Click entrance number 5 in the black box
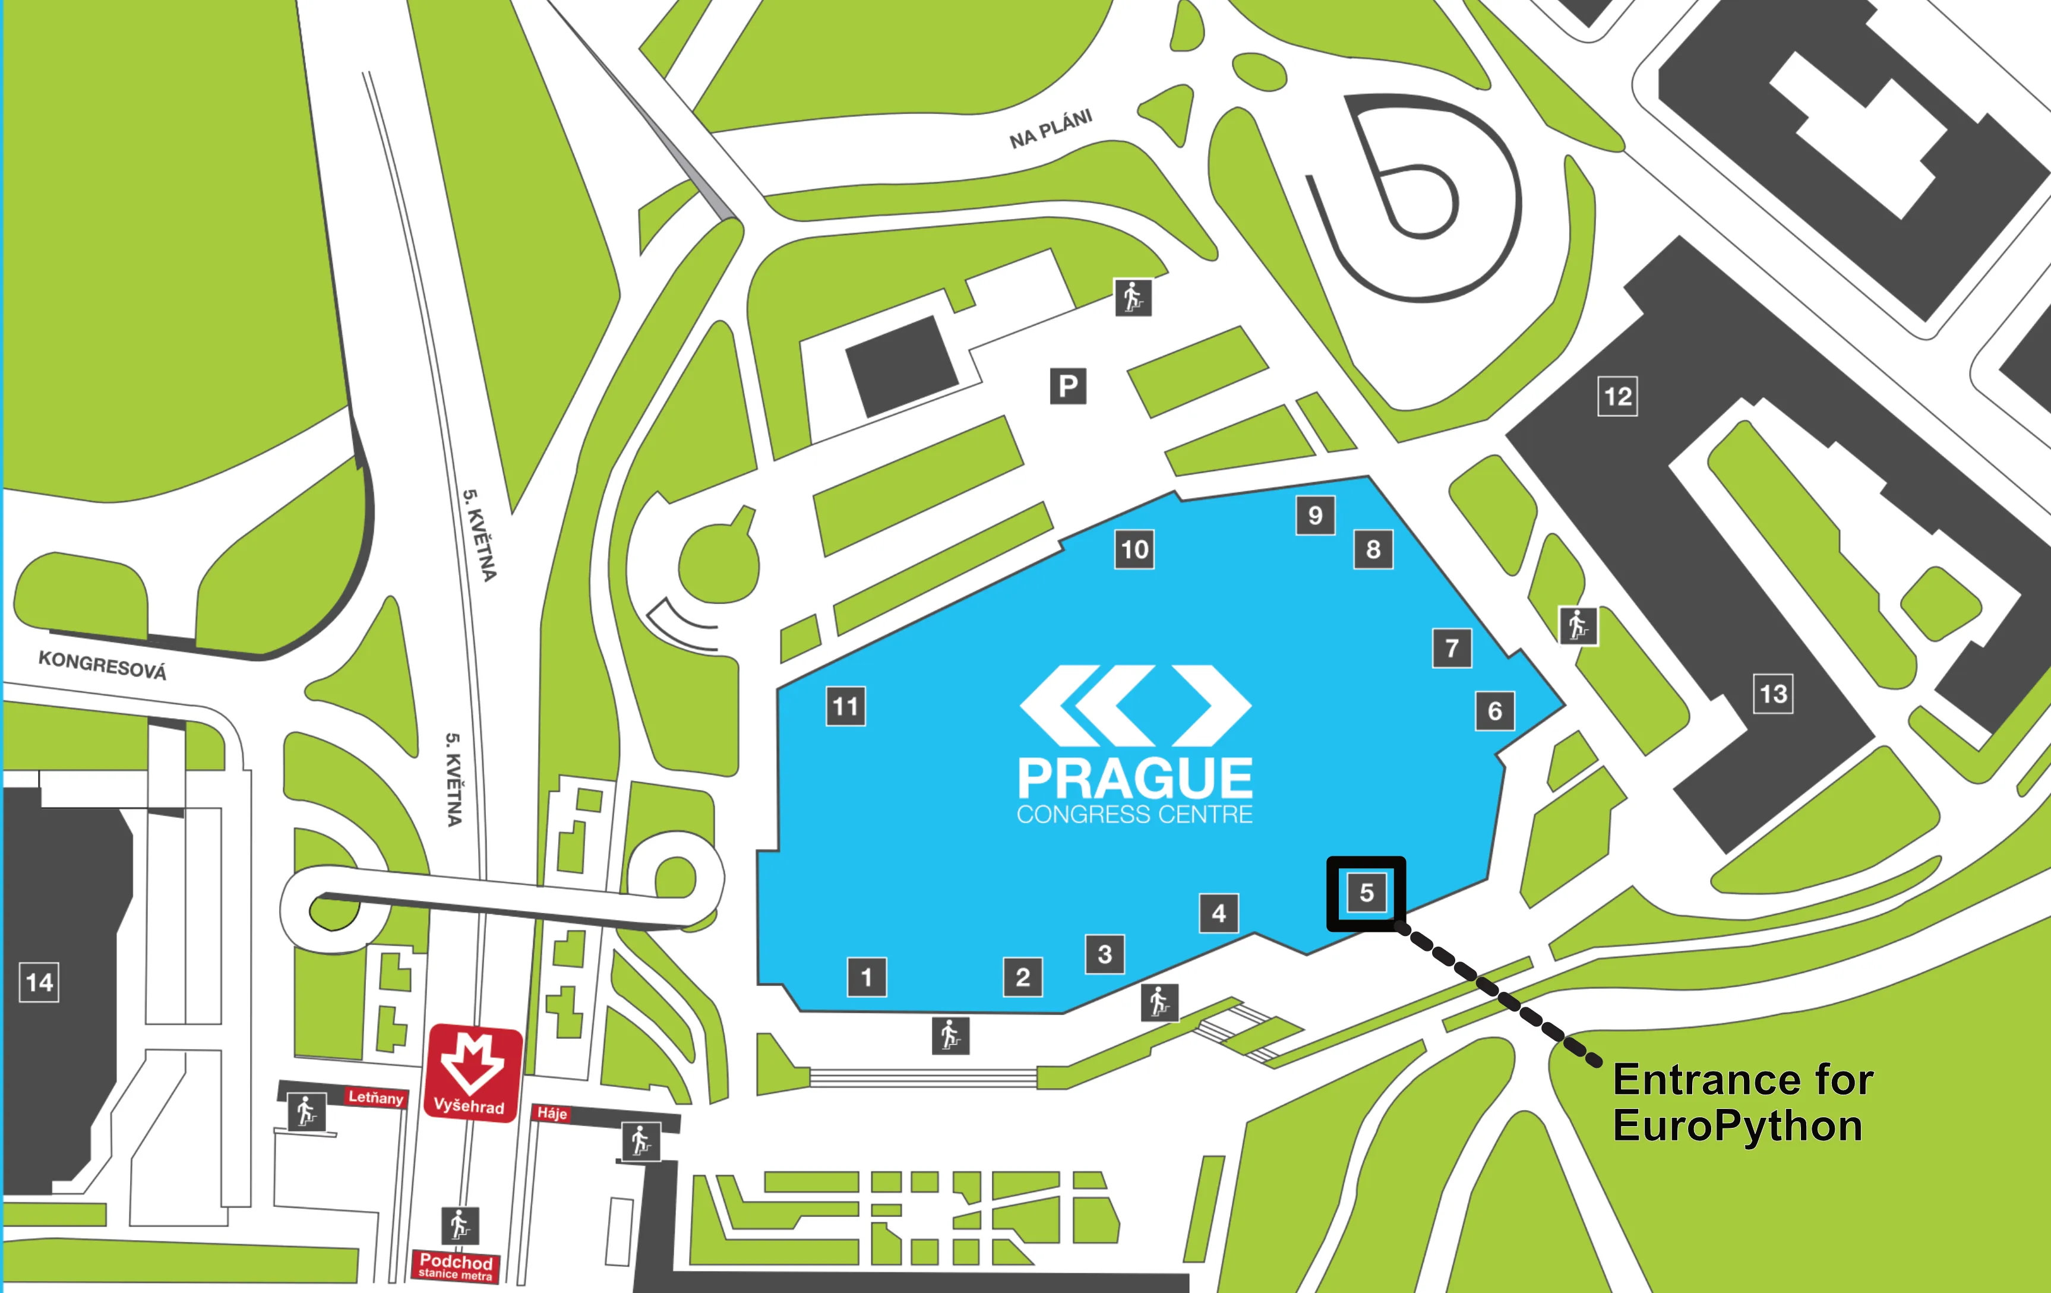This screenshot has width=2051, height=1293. click(1366, 893)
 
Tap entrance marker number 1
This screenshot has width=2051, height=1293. click(866, 976)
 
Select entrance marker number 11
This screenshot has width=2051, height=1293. click(846, 706)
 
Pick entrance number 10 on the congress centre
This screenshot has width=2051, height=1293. click(1134, 549)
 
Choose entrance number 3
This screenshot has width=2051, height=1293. click(1105, 954)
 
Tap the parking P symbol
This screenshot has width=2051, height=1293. click(1068, 386)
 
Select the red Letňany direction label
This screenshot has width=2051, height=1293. click(375, 1097)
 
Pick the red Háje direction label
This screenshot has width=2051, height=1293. click(552, 1113)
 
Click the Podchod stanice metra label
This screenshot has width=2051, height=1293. click(456, 1266)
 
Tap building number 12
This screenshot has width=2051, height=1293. click(1617, 396)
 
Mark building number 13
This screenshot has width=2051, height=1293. click(1774, 693)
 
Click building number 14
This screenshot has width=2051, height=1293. click(39, 983)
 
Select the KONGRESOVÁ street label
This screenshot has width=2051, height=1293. click(102, 665)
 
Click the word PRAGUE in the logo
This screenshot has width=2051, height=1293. click(1134, 777)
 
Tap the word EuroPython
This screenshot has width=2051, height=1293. click(1737, 1126)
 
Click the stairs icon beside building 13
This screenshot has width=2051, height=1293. click(1578, 626)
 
